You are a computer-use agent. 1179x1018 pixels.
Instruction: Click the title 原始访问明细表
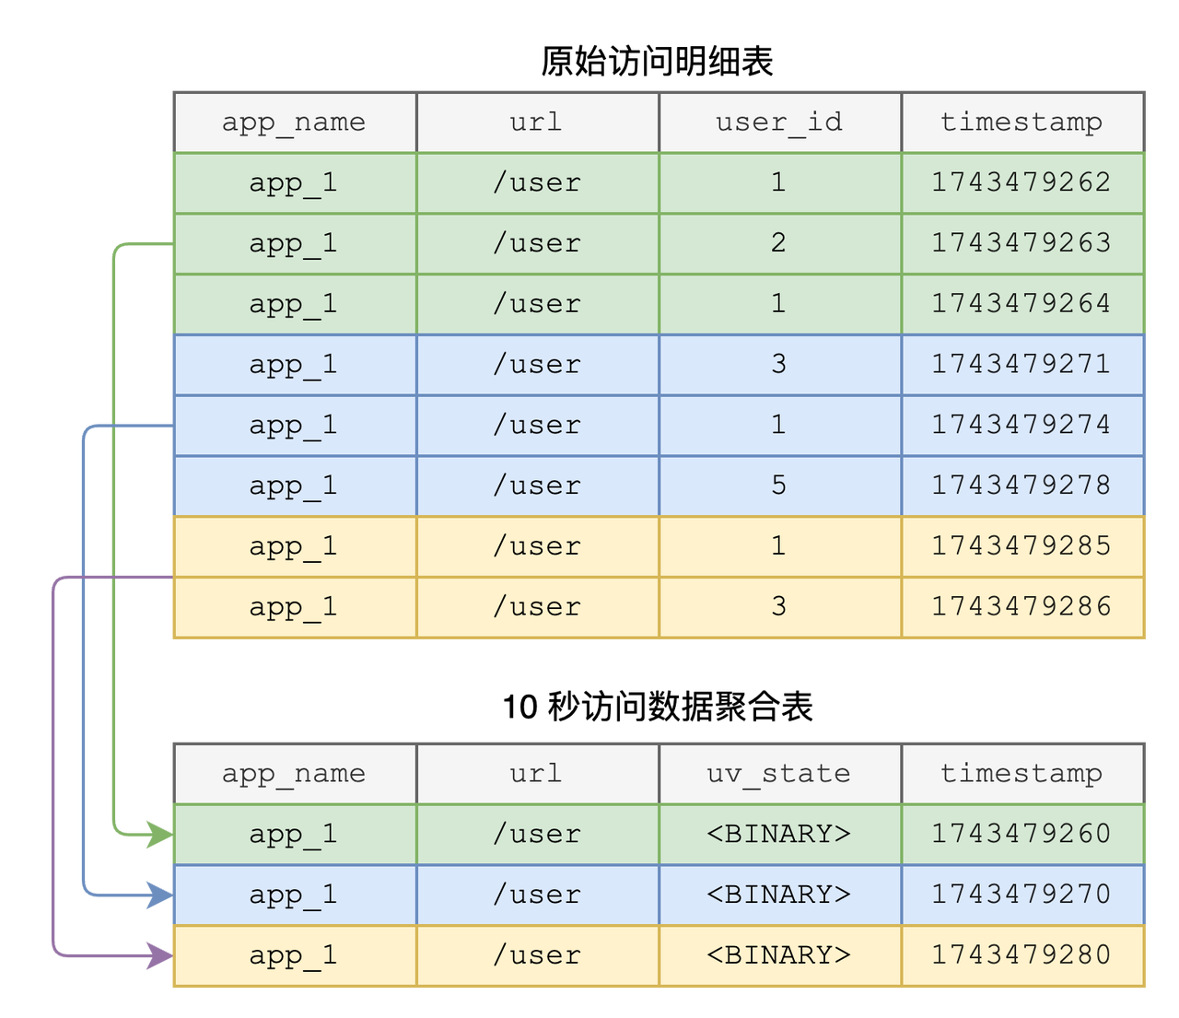pos(658,62)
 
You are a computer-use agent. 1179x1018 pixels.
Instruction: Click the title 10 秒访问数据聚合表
pos(658,707)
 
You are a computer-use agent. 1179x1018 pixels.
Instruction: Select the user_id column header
pos(779,122)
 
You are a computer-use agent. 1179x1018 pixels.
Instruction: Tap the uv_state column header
pos(779,773)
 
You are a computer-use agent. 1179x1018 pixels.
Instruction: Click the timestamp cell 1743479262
pos(1021,182)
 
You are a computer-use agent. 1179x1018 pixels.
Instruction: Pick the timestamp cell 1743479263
pos(1021,243)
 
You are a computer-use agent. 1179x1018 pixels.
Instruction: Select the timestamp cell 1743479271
pos(1021,365)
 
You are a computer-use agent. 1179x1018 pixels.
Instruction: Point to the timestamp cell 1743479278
pos(1021,486)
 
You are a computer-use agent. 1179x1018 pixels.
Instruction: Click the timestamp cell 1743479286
pos(1021,607)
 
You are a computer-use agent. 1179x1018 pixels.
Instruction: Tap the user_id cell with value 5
pos(779,486)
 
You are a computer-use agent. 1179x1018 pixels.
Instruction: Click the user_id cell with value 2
pos(779,243)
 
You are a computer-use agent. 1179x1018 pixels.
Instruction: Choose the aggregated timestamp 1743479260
pos(1021,834)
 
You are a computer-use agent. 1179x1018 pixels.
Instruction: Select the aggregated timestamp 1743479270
pos(1021,895)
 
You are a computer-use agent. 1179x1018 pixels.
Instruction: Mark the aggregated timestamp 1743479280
pos(1021,955)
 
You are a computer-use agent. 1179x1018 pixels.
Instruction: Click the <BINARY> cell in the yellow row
pos(779,955)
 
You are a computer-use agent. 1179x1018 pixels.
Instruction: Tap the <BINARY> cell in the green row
pos(779,834)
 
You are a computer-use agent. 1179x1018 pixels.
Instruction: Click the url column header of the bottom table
pos(537,773)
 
